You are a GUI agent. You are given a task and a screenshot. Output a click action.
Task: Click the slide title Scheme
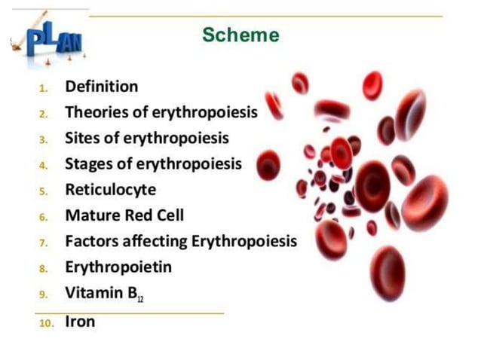(x=240, y=35)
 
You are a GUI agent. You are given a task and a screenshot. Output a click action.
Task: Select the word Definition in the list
(x=102, y=87)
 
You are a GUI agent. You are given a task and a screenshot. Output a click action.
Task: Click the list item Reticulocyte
(x=110, y=190)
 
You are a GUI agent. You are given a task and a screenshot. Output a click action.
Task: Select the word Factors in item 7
(x=92, y=242)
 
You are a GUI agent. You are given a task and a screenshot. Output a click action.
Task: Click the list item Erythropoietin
(x=118, y=267)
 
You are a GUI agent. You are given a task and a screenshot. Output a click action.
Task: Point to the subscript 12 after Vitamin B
(x=140, y=299)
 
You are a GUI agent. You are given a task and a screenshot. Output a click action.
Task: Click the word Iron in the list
(x=81, y=322)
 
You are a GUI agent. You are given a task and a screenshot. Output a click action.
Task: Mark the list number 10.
(x=45, y=323)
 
